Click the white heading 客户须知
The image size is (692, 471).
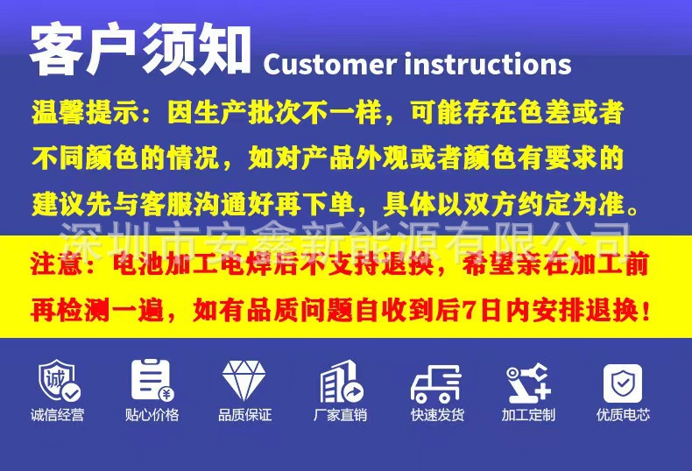point(140,51)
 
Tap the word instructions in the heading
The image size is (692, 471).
point(488,64)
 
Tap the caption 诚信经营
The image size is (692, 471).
point(58,415)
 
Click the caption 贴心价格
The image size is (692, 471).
point(152,415)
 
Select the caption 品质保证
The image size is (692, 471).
point(245,415)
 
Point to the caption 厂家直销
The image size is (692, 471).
point(341,415)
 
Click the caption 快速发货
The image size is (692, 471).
point(436,415)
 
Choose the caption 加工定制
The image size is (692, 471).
point(528,415)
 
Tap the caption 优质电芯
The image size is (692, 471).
point(623,415)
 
